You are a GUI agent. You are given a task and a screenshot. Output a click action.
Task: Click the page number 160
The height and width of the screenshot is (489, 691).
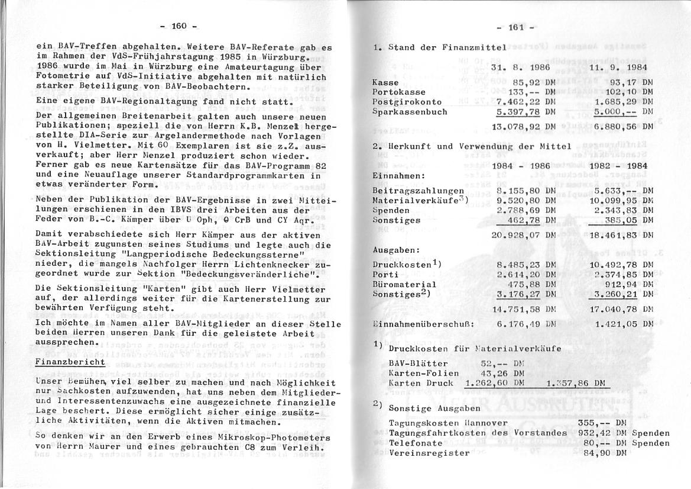coord(179,25)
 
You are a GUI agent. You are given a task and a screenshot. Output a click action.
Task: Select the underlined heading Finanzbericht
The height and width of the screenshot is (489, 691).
coord(70,362)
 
